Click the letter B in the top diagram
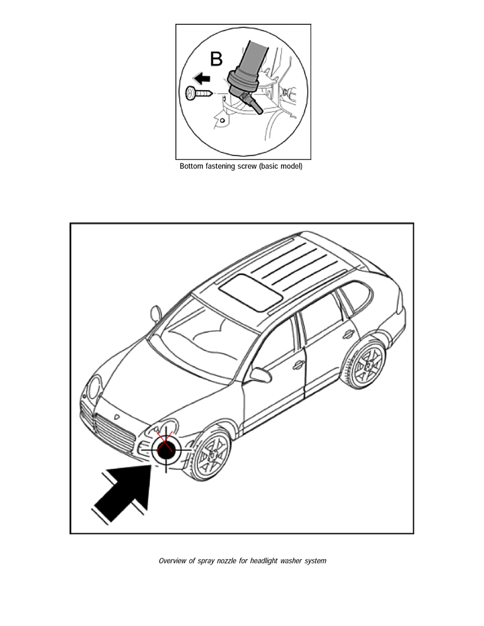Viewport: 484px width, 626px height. click(216, 59)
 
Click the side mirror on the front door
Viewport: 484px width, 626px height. click(260, 375)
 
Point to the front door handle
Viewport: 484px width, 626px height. click(298, 365)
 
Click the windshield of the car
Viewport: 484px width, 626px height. click(200, 337)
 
